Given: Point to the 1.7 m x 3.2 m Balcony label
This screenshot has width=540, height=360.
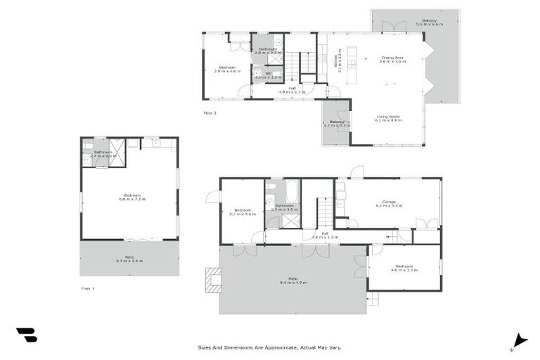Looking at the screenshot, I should [337, 124].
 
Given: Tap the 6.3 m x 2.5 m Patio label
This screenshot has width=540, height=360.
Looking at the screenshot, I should [129, 259].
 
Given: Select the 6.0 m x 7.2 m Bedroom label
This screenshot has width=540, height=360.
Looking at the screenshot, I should [129, 197].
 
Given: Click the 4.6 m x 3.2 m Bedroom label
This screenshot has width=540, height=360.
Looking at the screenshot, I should [404, 267].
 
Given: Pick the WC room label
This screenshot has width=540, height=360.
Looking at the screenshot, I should [268, 75].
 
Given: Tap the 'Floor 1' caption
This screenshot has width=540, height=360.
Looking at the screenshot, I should [88, 288].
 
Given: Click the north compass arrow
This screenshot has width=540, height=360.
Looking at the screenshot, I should [520, 340].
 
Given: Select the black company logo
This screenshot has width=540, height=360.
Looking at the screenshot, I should [27, 335].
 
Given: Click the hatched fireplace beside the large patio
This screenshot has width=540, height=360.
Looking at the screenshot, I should [212, 279].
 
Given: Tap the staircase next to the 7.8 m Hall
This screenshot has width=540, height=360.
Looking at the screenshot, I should [324, 212].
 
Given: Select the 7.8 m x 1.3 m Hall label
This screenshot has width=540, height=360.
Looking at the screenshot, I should [324, 236].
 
